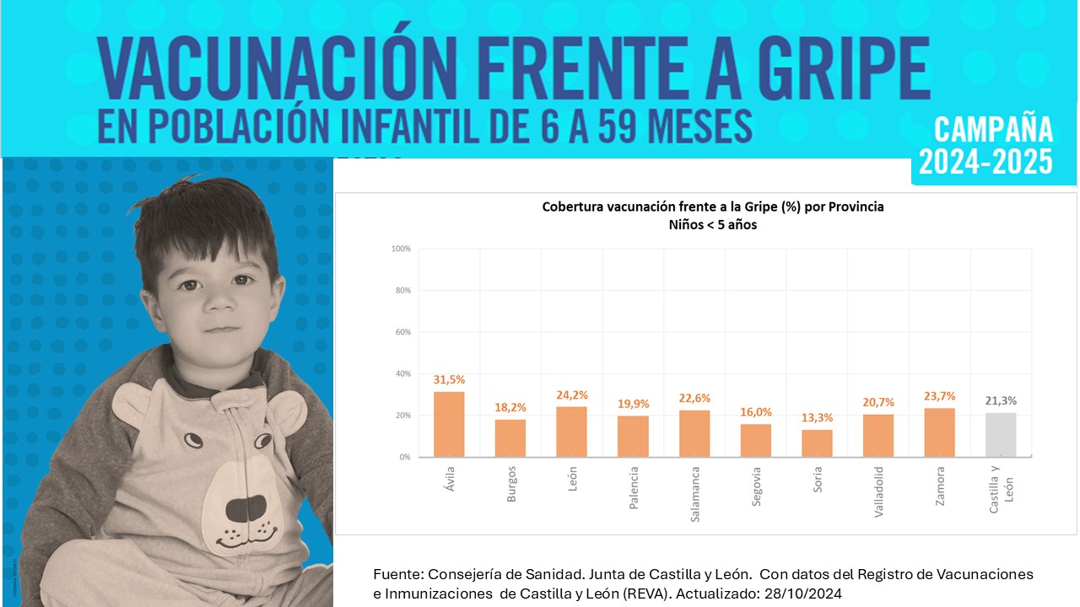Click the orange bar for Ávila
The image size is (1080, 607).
pyautogui.click(x=449, y=424)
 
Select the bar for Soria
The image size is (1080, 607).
pyautogui.click(x=817, y=443)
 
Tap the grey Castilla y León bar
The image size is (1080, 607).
pyautogui.click(x=1001, y=435)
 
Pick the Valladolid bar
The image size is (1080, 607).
pyautogui.click(x=878, y=436)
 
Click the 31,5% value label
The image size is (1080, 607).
pyautogui.click(x=449, y=380)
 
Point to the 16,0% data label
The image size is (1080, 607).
pyautogui.click(x=756, y=412)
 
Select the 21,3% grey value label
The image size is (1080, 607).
pyautogui.click(x=1001, y=401)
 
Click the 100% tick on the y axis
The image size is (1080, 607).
pyautogui.click(x=401, y=249)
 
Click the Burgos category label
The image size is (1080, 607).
pyautogui.click(x=511, y=485)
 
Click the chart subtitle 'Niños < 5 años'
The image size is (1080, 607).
pyautogui.click(x=713, y=225)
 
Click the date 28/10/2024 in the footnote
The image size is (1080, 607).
pyautogui.click(x=803, y=594)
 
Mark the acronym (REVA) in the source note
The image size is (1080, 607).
pyautogui.click(x=657, y=594)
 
